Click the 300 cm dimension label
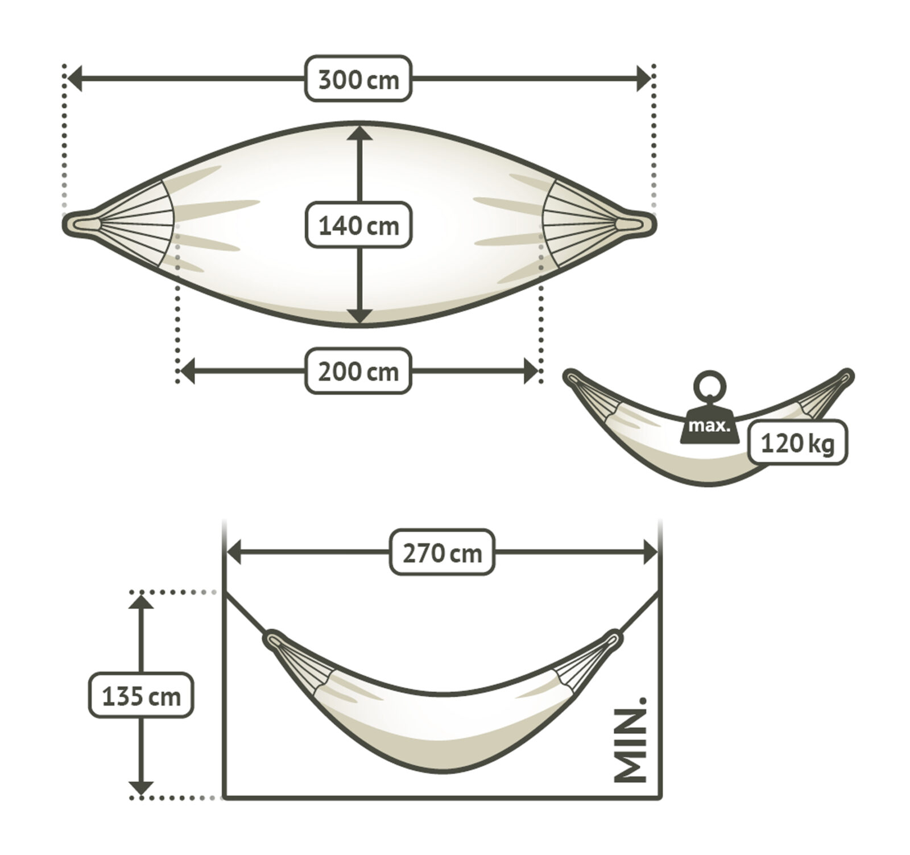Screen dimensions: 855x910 [358, 79]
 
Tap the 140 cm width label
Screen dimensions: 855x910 [358, 225]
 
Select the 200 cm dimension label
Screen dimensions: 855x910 [358, 371]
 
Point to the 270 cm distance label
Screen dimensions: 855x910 [442, 552]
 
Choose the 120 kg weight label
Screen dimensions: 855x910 [797, 442]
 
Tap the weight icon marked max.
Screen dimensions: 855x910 [709, 425]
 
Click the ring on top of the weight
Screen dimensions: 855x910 [709, 387]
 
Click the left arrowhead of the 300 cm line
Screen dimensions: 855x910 [75, 79]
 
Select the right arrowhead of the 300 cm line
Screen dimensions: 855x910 [643, 79]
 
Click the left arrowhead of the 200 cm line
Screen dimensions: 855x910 [188, 371]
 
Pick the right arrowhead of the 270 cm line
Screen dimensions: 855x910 [650, 552]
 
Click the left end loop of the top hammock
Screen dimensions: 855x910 [80, 222]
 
